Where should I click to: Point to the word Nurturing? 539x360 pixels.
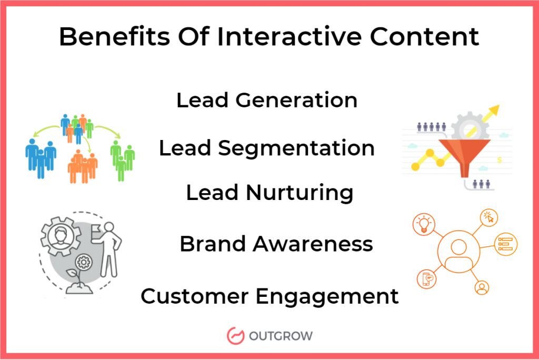[300, 193]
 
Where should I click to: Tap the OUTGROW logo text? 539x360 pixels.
[283, 335]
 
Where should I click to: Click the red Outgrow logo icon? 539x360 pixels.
[234, 335]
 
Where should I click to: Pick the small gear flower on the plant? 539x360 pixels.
[82, 262]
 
